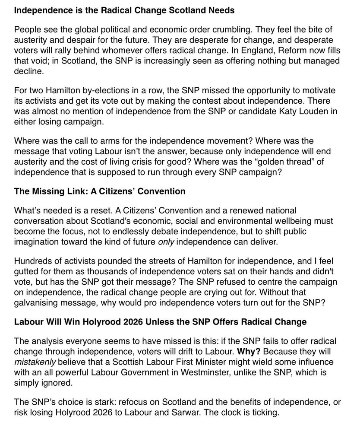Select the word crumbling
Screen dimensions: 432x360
pos(233,30)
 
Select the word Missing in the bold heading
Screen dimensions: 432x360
pos(47,191)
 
